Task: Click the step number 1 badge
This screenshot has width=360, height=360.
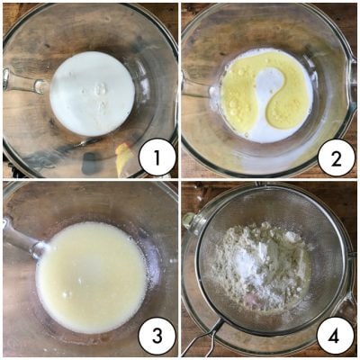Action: pyautogui.click(x=157, y=157)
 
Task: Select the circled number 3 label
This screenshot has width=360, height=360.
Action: pyautogui.click(x=157, y=337)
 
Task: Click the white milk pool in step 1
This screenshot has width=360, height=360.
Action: pyautogui.click(x=92, y=94)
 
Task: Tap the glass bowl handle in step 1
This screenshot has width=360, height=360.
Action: pyautogui.click(x=22, y=81)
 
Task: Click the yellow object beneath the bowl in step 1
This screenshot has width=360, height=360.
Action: pyautogui.click(x=124, y=157)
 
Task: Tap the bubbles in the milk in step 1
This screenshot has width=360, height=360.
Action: pyautogui.click(x=101, y=94)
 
